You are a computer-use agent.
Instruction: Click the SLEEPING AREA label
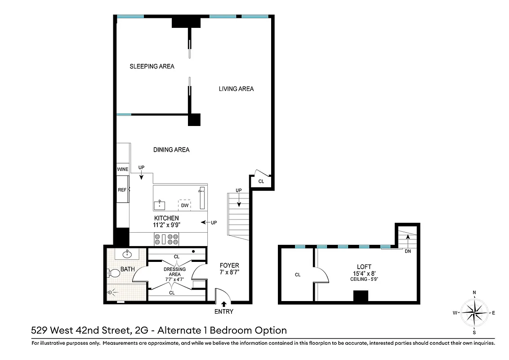[x=152, y=66]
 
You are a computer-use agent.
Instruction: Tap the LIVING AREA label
[x=236, y=89]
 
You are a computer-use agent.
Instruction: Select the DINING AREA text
[x=171, y=150]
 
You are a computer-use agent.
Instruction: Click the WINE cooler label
[x=123, y=169]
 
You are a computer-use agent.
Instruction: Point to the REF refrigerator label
[x=122, y=190]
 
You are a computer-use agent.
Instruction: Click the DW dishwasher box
[x=184, y=206]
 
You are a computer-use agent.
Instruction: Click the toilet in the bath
[x=113, y=273]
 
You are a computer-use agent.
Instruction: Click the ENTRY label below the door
[x=223, y=311]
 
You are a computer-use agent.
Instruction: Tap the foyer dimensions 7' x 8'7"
[x=229, y=272]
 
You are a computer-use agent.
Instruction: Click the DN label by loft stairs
[x=407, y=251]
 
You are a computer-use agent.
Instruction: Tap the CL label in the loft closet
[x=298, y=274]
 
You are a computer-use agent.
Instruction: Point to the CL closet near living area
[x=261, y=181]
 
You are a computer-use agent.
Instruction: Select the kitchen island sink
[x=159, y=205]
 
